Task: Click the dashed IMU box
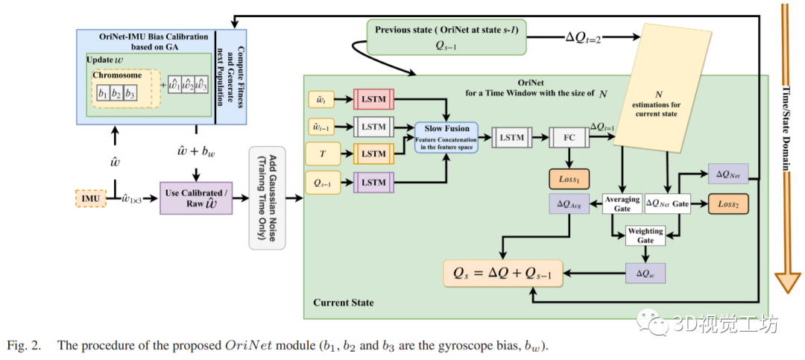pos(91,198)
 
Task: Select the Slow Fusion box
pos(446,137)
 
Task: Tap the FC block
pos(568,137)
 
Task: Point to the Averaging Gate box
pos(622,203)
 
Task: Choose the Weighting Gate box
pos(644,235)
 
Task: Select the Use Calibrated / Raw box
pos(196,198)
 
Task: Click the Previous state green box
pos(445,37)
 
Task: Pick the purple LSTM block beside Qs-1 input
pos(373,181)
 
